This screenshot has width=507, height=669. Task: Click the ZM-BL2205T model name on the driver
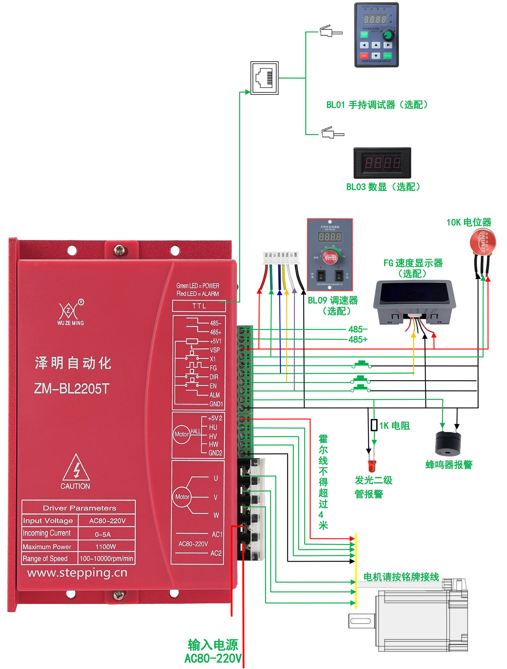pos(72,388)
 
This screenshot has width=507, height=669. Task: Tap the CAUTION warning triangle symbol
pos(76,468)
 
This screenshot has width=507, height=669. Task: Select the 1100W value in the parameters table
pos(106,547)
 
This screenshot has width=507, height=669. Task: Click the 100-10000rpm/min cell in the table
pos(106,558)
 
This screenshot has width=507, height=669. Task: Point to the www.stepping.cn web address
pos(77,573)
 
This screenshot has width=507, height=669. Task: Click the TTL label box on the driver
pos(199,306)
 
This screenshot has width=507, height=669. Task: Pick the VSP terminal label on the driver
pos(215,350)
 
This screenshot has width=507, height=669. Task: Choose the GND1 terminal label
pos(216,404)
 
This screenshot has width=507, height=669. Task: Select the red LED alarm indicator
pos(371,465)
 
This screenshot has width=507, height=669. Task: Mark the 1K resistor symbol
pos(374,425)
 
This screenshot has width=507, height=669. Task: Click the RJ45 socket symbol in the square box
pos(265,78)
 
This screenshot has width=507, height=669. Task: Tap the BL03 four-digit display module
pos(382,163)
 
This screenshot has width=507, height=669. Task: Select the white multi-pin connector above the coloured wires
pos(280,257)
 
